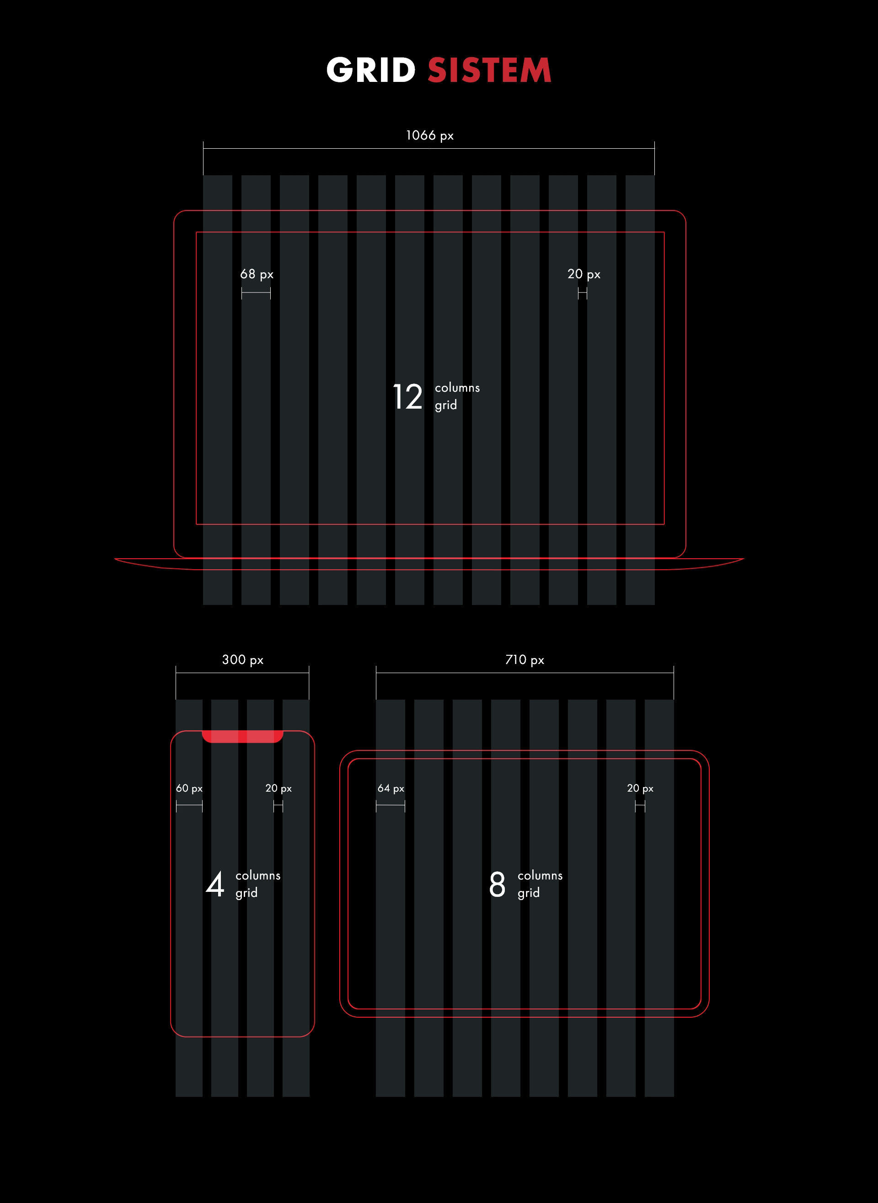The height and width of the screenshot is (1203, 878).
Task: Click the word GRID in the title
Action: pyautogui.click(x=370, y=70)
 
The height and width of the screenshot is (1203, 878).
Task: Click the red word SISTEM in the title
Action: pyautogui.click(x=489, y=70)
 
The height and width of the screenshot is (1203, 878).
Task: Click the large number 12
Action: pyautogui.click(x=407, y=397)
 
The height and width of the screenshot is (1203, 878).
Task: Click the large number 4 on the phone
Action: pyautogui.click(x=215, y=884)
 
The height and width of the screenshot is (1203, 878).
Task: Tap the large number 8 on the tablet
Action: pyautogui.click(x=498, y=884)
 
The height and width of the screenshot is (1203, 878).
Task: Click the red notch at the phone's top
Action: pyautogui.click(x=242, y=737)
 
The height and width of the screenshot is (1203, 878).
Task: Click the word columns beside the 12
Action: pyautogui.click(x=457, y=388)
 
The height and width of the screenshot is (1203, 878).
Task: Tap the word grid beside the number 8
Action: pyautogui.click(x=528, y=893)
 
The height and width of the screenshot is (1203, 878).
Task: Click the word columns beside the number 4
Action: pyautogui.click(x=258, y=875)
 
